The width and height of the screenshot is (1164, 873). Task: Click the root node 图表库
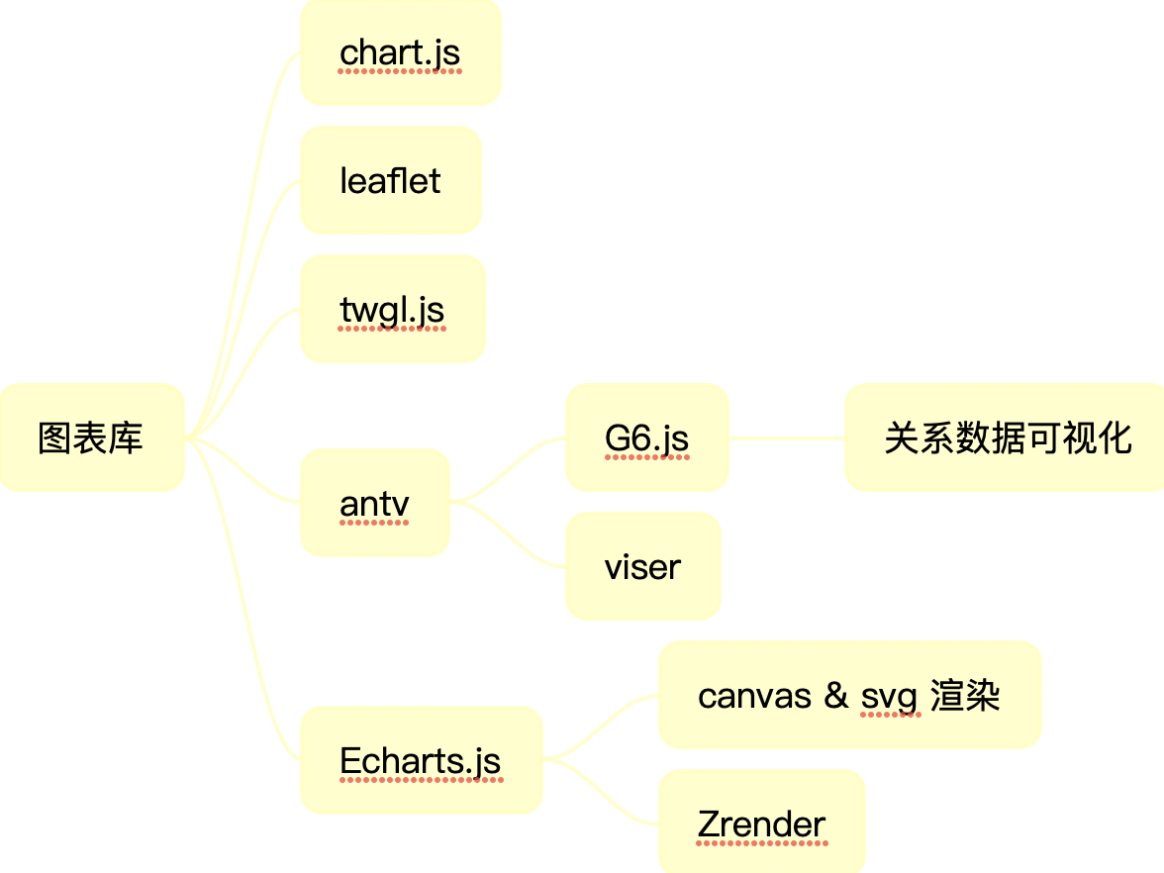click(x=91, y=437)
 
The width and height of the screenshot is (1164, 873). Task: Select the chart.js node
click(x=400, y=52)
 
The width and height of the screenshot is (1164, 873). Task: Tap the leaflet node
click(x=390, y=181)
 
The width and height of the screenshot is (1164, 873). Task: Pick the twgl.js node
click(x=392, y=310)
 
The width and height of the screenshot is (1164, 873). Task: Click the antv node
click(x=374, y=504)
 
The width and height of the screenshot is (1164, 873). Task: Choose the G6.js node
click(x=646, y=437)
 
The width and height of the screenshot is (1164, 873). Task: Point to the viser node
click(x=642, y=567)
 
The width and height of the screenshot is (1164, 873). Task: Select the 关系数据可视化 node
click(x=1007, y=437)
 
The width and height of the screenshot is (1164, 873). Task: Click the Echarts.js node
click(x=421, y=761)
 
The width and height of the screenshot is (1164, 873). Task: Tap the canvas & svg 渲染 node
click(x=849, y=696)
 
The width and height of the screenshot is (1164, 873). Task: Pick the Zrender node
click(x=761, y=824)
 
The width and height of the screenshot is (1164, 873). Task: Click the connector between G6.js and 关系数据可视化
click(x=787, y=437)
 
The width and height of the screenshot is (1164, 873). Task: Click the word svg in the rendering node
click(x=889, y=697)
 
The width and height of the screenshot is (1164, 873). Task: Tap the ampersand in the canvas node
click(x=836, y=696)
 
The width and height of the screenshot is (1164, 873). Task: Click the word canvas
click(x=754, y=696)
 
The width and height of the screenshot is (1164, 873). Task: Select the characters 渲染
click(x=965, y=696)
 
